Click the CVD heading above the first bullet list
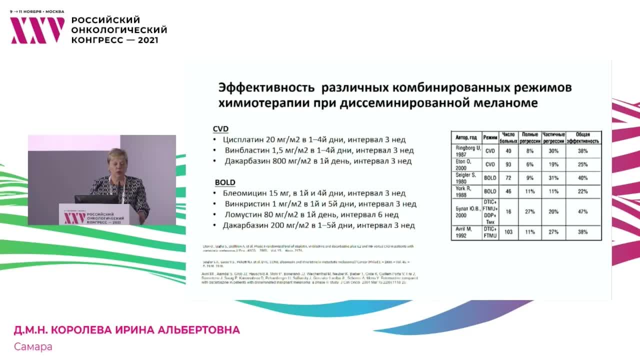coord(220,128)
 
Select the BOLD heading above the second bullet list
coord(224,182)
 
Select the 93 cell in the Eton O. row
coord(508,164)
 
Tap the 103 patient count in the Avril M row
coord(508,232)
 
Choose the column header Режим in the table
coord(490,137)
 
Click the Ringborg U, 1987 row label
coord(466,150)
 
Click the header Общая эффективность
coord(583,137)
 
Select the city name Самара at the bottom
coord(33,346)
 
